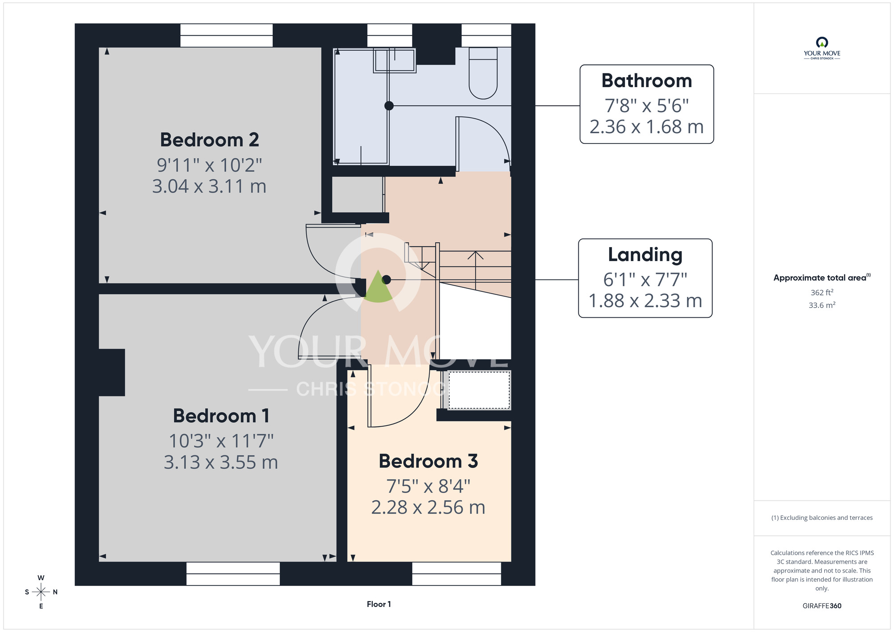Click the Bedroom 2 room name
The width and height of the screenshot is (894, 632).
click(210, 140)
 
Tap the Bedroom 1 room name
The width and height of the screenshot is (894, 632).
click(221, 416)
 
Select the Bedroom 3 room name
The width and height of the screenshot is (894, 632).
click(428, 461)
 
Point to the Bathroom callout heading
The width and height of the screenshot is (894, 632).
click(647, 81)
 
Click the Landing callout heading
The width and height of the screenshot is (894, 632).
click(645, 255)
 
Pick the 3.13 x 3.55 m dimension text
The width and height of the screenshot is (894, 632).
click(221, 462)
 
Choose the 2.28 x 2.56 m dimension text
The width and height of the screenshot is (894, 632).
click(428, 507)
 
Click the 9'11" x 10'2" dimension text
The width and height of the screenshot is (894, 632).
click(210, 165)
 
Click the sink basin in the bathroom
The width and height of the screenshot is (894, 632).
click(395, 60)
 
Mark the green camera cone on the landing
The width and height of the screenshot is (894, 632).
click(378, 287)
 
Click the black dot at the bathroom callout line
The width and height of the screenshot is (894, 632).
click(389, 106)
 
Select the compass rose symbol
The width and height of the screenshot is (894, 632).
click(41, 592)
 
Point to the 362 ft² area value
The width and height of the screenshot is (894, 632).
click(822, 292)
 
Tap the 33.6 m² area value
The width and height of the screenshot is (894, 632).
click(822, 305)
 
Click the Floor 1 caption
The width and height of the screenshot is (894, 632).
click(379, 604)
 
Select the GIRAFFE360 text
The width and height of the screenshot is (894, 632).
click(822, 606)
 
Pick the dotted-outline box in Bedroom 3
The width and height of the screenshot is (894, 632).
click(479, 390)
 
